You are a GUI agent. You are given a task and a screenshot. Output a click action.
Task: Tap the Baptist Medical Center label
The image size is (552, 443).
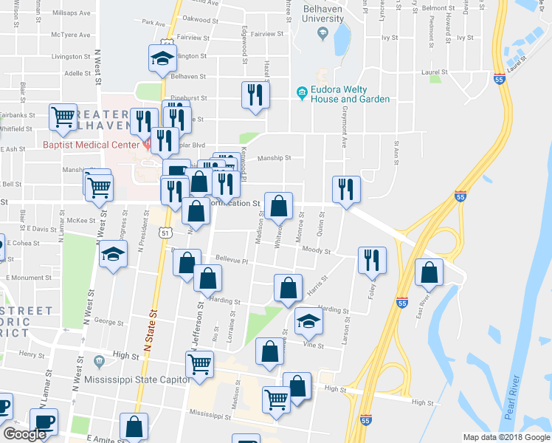coord(91,144)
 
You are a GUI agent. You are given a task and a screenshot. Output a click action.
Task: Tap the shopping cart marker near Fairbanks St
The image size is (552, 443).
coord(63,117)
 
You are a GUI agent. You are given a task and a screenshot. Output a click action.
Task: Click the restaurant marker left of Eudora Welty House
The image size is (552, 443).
coord(255,95)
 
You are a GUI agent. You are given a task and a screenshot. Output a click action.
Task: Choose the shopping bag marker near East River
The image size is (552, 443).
coord(429,272)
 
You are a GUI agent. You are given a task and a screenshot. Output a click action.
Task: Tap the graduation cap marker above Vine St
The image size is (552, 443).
coord(308,321)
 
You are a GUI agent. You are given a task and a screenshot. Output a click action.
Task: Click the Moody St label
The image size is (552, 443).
coord(316,251)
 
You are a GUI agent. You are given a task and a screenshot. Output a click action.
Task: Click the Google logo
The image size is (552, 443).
coord(24,434)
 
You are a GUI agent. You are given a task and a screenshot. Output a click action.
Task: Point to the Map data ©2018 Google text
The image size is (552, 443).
coord(506,437)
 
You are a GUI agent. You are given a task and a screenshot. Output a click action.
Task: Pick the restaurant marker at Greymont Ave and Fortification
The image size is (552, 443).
coord(345,189)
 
